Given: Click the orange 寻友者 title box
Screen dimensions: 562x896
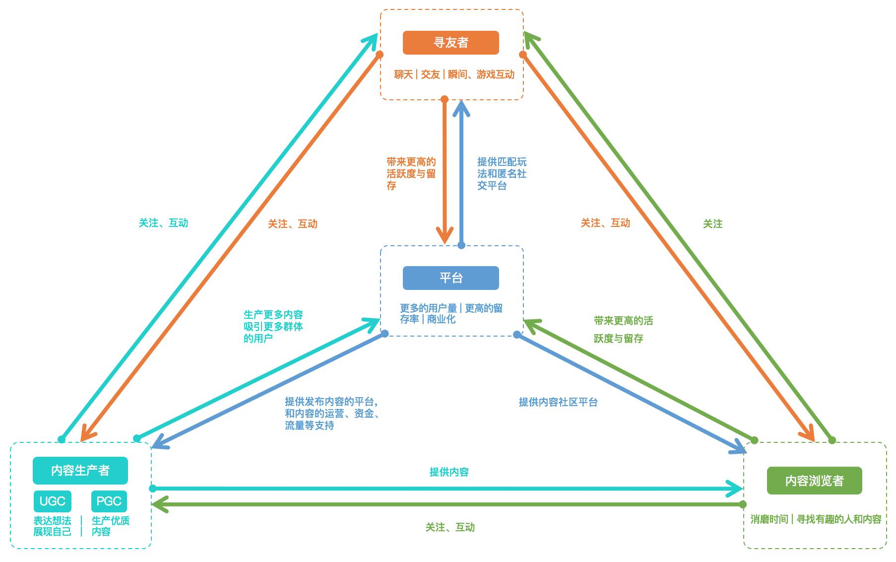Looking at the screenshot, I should (450, 43).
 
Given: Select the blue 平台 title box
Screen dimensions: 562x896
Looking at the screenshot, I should (450, 278).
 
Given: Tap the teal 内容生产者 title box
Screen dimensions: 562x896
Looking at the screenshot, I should (80, 471).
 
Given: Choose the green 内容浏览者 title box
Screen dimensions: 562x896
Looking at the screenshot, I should (814, 481).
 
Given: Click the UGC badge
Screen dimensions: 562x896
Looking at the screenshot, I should (53, 501).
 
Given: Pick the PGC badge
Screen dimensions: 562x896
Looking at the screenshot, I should (109, 501).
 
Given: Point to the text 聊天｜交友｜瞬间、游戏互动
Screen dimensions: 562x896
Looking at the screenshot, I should (454, 74).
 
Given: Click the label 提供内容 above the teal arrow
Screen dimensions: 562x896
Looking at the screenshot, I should (449, 472).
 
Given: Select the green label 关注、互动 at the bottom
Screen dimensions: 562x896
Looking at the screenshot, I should (450, 527).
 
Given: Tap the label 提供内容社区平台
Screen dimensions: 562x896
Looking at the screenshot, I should (558, 402).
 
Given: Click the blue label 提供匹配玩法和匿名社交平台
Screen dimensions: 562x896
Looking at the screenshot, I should (502, 174).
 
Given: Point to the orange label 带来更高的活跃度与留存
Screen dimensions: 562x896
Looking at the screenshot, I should (411, 174).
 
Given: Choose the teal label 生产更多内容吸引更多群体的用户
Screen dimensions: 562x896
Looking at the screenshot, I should (273, 327).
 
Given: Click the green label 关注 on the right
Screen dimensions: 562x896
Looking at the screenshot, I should (712, 224).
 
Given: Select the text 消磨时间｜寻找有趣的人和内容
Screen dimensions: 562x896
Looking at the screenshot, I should (816, 519).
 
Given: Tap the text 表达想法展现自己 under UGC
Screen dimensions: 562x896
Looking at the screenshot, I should (52, 526).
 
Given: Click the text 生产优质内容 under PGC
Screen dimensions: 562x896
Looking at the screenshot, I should (110, 526).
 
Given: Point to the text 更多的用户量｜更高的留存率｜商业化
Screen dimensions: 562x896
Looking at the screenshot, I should (451, 314).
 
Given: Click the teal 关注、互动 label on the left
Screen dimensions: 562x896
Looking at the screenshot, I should (163, 223).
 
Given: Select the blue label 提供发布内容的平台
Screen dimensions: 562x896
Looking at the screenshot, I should (332, 414).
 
